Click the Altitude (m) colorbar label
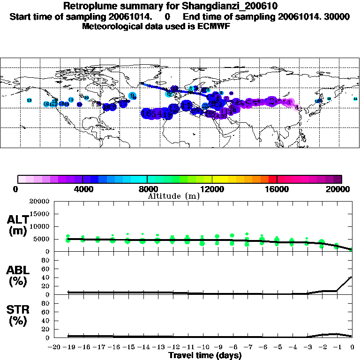point(173,196)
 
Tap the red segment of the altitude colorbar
point(272,179)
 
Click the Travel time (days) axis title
point(205,356)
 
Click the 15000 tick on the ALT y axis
point(40,214)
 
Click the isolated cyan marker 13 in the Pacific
point(29,101)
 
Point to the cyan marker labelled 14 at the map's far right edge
point(355,99)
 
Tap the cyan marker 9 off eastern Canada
point(132,96)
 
